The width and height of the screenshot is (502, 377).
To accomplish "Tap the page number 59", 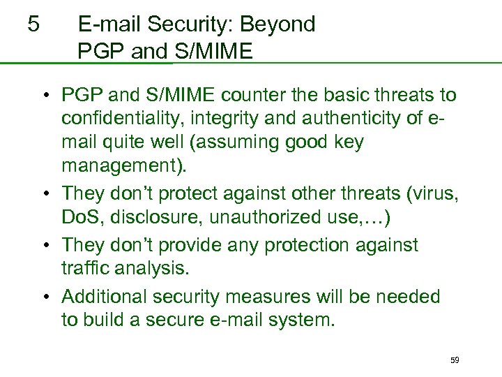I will point(455,360).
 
